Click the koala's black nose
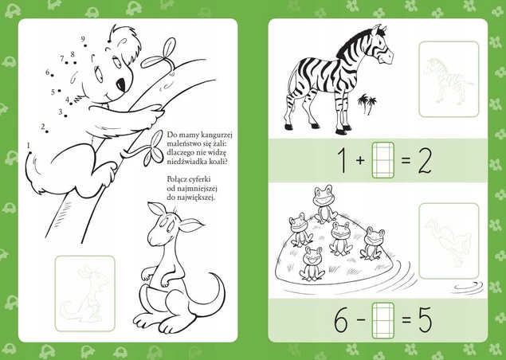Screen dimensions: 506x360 pyautogui.click(x=121, y=84)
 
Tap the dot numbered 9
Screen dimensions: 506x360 pyautogui.click(x=85, y=46)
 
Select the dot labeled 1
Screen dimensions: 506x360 pyautogui.click(x=30, y=153)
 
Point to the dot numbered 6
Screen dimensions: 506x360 pyautogui.click(x=53, y=76)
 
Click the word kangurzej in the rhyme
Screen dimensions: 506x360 pyautogui.click(x=217, y=135)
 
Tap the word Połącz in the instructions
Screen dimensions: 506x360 pyautogui.click(x=177, y=180)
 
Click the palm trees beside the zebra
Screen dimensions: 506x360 pyautogui.click(x=367, y=104)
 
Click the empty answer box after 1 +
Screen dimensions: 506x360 pyautogui.click(x=383, y=160)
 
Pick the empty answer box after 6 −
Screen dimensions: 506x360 pyautogui.click(x=383, y=320)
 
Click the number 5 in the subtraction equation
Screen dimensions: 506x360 pyautogui.click(x=425, y=320)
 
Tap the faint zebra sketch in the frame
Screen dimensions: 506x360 pyautogui.click(x=447, y=80)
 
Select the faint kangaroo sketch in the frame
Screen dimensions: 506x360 pyautogui.click(x=85, y=294)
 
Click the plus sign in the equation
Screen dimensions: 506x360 pyautogui.click(x=360, y=160)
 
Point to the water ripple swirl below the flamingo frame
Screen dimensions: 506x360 pyautogui.click(x=466, y=288)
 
